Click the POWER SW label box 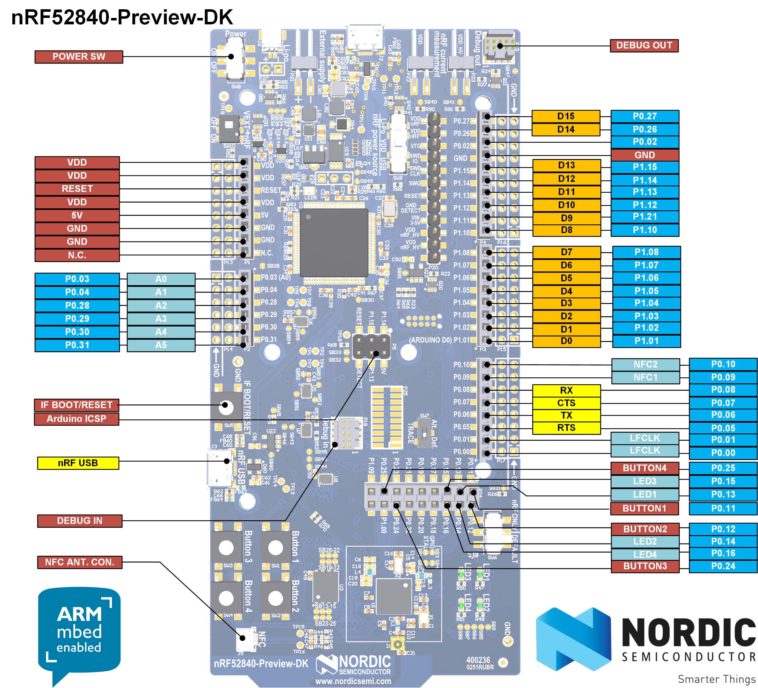[x=79, y=57]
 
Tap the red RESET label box [x=77, y=189]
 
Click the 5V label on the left [x=77, y=215]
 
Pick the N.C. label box [x=77, y=255]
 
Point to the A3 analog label [x=161, y=319]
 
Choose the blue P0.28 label [x=77, y=306]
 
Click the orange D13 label [x=566, y=166]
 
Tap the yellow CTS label [x=566, y=403]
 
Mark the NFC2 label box [x=645, y=364]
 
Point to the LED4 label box [x=645, y=554]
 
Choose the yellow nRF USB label [x=78, y=463]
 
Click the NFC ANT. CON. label [x=80, y=562]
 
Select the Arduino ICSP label [x=76, y=419]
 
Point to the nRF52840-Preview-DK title [x=122, y=17]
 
